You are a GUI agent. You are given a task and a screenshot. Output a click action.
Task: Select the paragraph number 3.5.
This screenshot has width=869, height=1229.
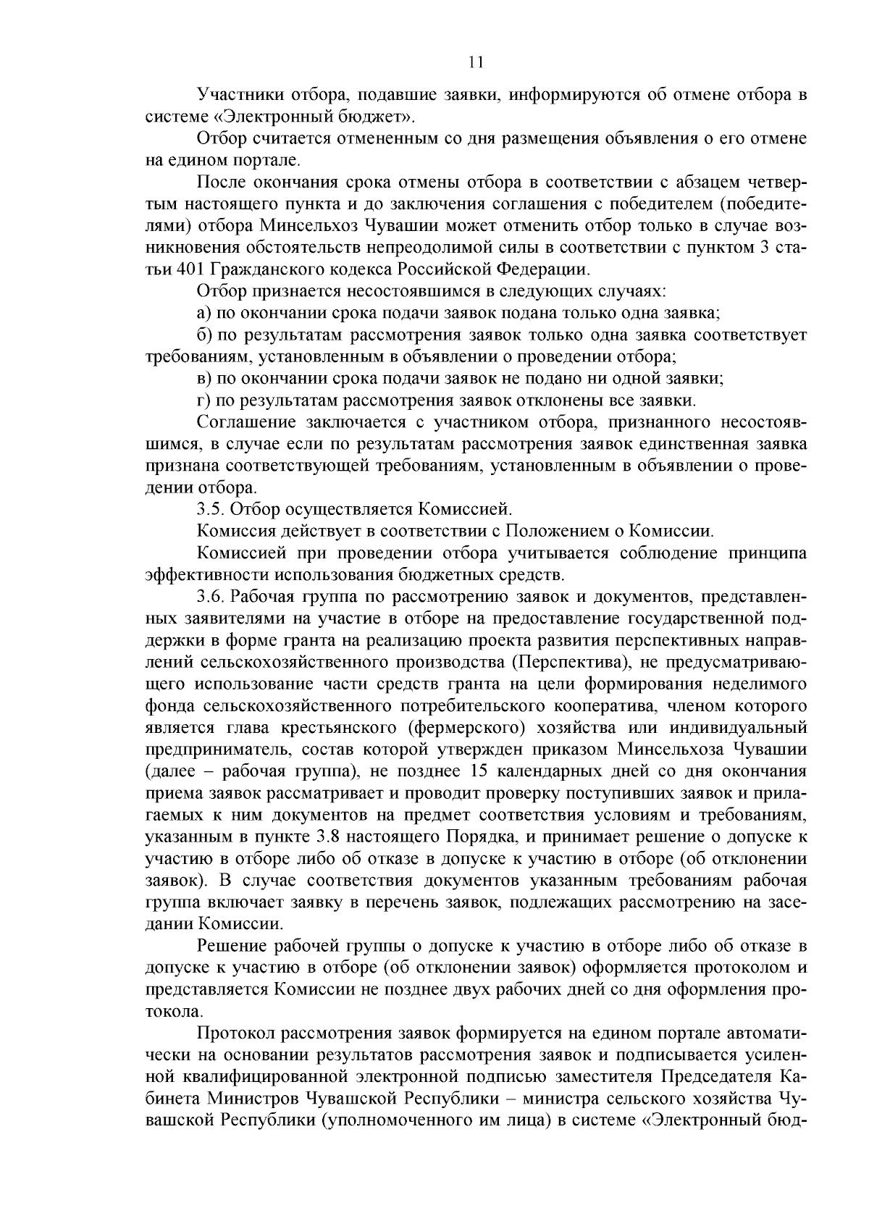(x=211, y=508)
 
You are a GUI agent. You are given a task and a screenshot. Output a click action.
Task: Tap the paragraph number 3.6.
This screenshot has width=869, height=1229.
(x=211, y=597)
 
